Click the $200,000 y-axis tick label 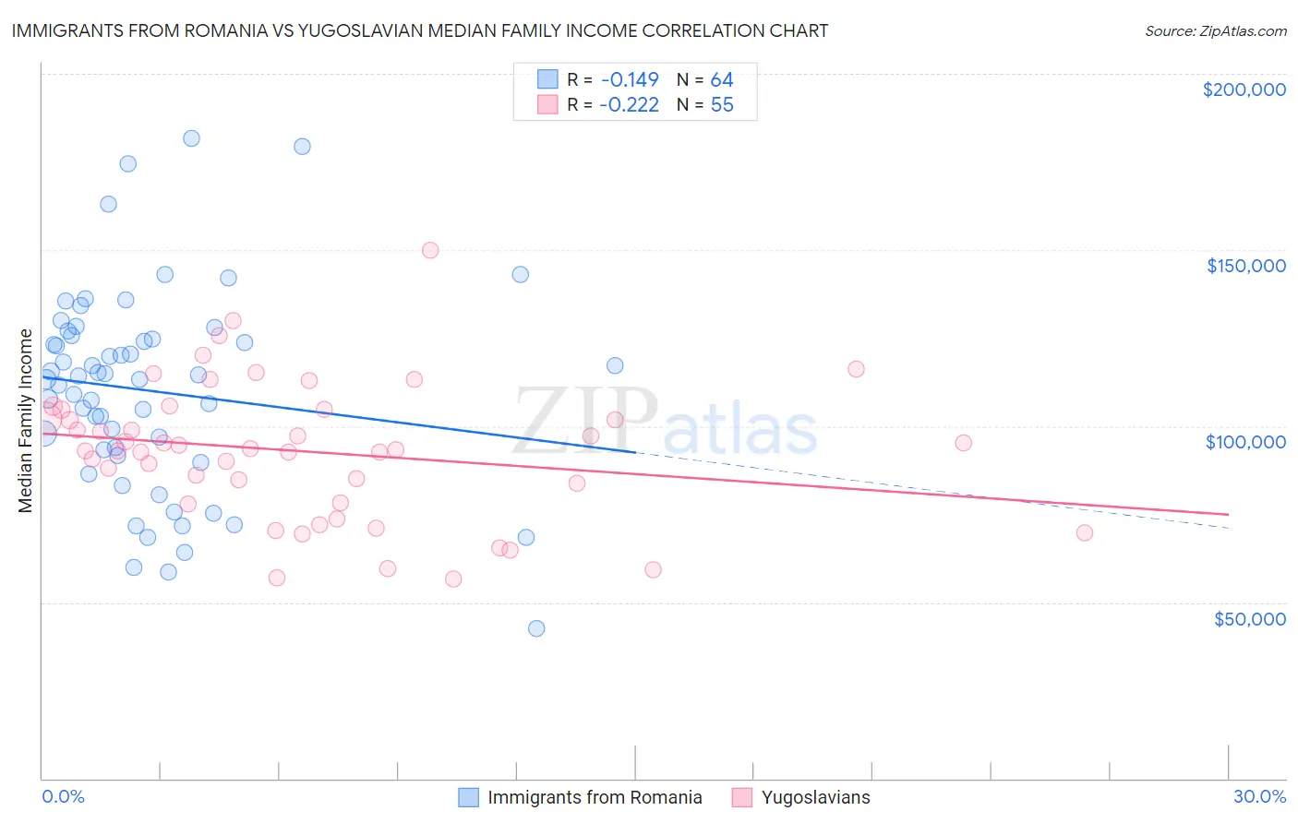[1244, 89]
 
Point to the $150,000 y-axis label [1245, 266]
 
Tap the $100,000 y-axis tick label [1245, 442]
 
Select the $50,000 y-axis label [1249, 618]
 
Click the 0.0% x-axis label [63, 796]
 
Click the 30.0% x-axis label [1259, 796]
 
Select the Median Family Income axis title [26, 421]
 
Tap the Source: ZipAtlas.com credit [1215, 30]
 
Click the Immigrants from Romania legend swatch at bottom [469, 797]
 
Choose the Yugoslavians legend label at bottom [815, 797]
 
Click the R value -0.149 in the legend [629, 80]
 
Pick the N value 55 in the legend [722, 105]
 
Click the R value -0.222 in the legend [629, 105]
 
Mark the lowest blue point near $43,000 [536, 628]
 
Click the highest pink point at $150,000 [430, 250]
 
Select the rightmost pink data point [1085, 532]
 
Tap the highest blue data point [191, 138]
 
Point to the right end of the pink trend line [1229, 514]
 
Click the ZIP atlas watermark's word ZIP [585, 423]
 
